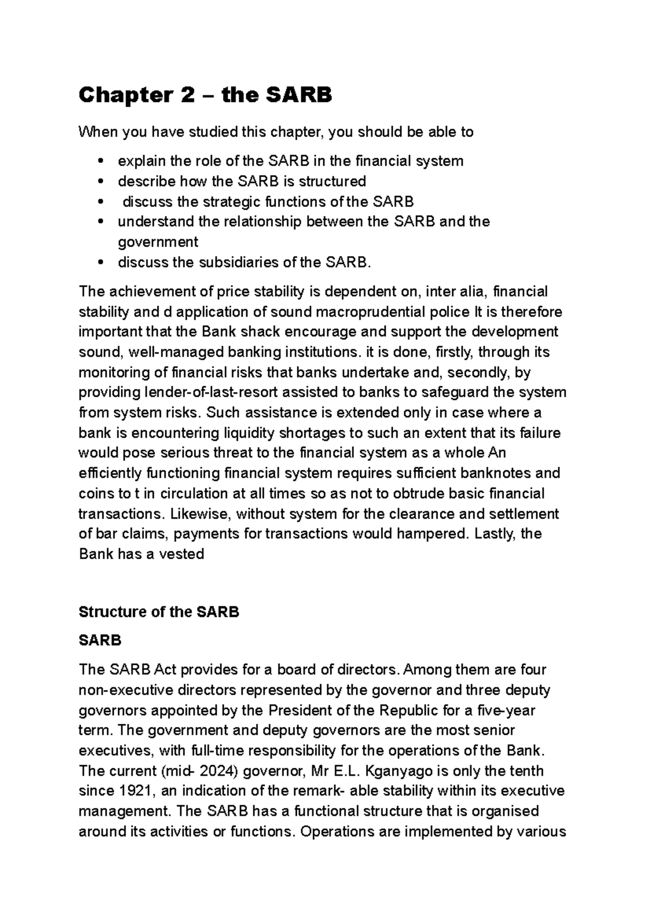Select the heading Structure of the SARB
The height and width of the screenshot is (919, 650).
159,612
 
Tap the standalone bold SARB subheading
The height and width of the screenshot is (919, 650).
100,640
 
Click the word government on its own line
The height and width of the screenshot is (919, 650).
158,242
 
